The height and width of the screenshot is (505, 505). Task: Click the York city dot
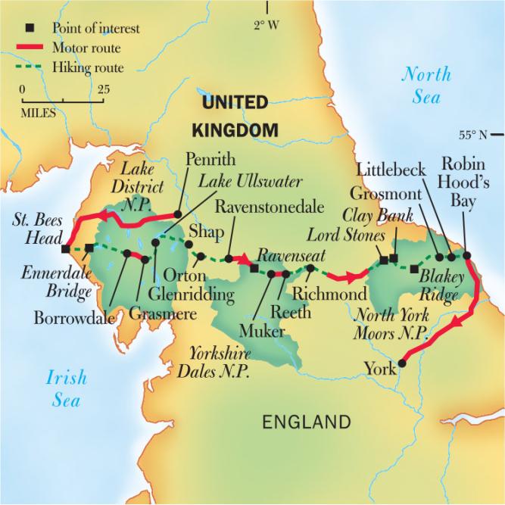402,363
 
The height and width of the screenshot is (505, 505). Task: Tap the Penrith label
210,160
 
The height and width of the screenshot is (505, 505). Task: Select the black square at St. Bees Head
66,248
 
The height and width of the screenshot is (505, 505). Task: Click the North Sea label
426,84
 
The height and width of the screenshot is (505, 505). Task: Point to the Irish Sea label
66,388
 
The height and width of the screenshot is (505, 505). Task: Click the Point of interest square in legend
29,29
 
